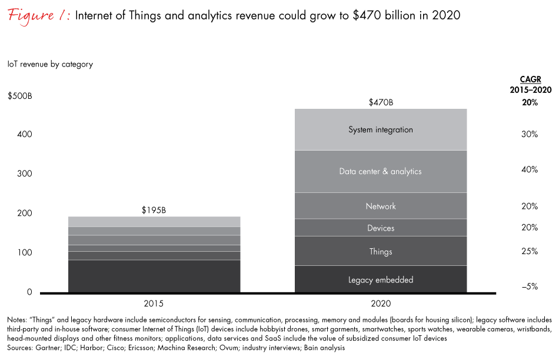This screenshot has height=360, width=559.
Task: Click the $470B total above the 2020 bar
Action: [381, 103]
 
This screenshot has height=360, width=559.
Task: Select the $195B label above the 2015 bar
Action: [154, 210]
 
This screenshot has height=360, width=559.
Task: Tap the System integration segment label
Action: [381, 129]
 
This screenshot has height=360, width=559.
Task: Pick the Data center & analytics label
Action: [381, 172]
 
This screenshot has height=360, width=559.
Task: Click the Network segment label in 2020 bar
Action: [381, 206]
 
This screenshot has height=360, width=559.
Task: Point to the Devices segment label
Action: [381, 228]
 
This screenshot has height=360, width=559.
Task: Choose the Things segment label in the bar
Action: [381, 252]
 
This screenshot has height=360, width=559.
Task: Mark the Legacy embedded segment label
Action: [381, 280]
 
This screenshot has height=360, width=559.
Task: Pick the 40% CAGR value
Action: [530, 169]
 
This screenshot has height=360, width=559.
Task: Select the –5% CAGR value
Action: [530, 286]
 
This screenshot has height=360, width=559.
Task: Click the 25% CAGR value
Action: [530, 251]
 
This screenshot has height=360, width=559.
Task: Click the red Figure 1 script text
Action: [39, 16]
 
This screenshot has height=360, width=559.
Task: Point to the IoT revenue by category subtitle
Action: [50, 64]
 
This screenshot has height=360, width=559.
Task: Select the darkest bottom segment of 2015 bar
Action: [154, 276]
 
